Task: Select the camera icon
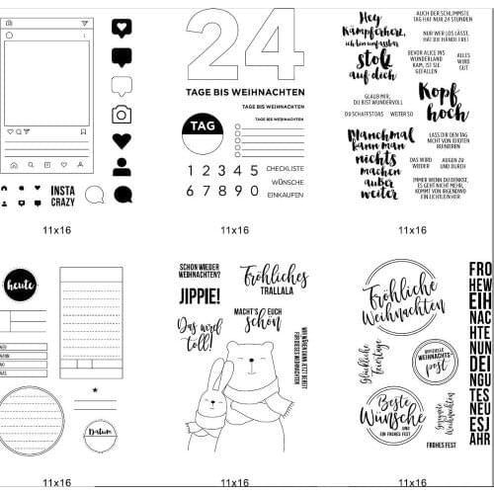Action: click(122, 114)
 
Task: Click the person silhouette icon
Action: click(122, 166)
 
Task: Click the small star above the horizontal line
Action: click(94, 390)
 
